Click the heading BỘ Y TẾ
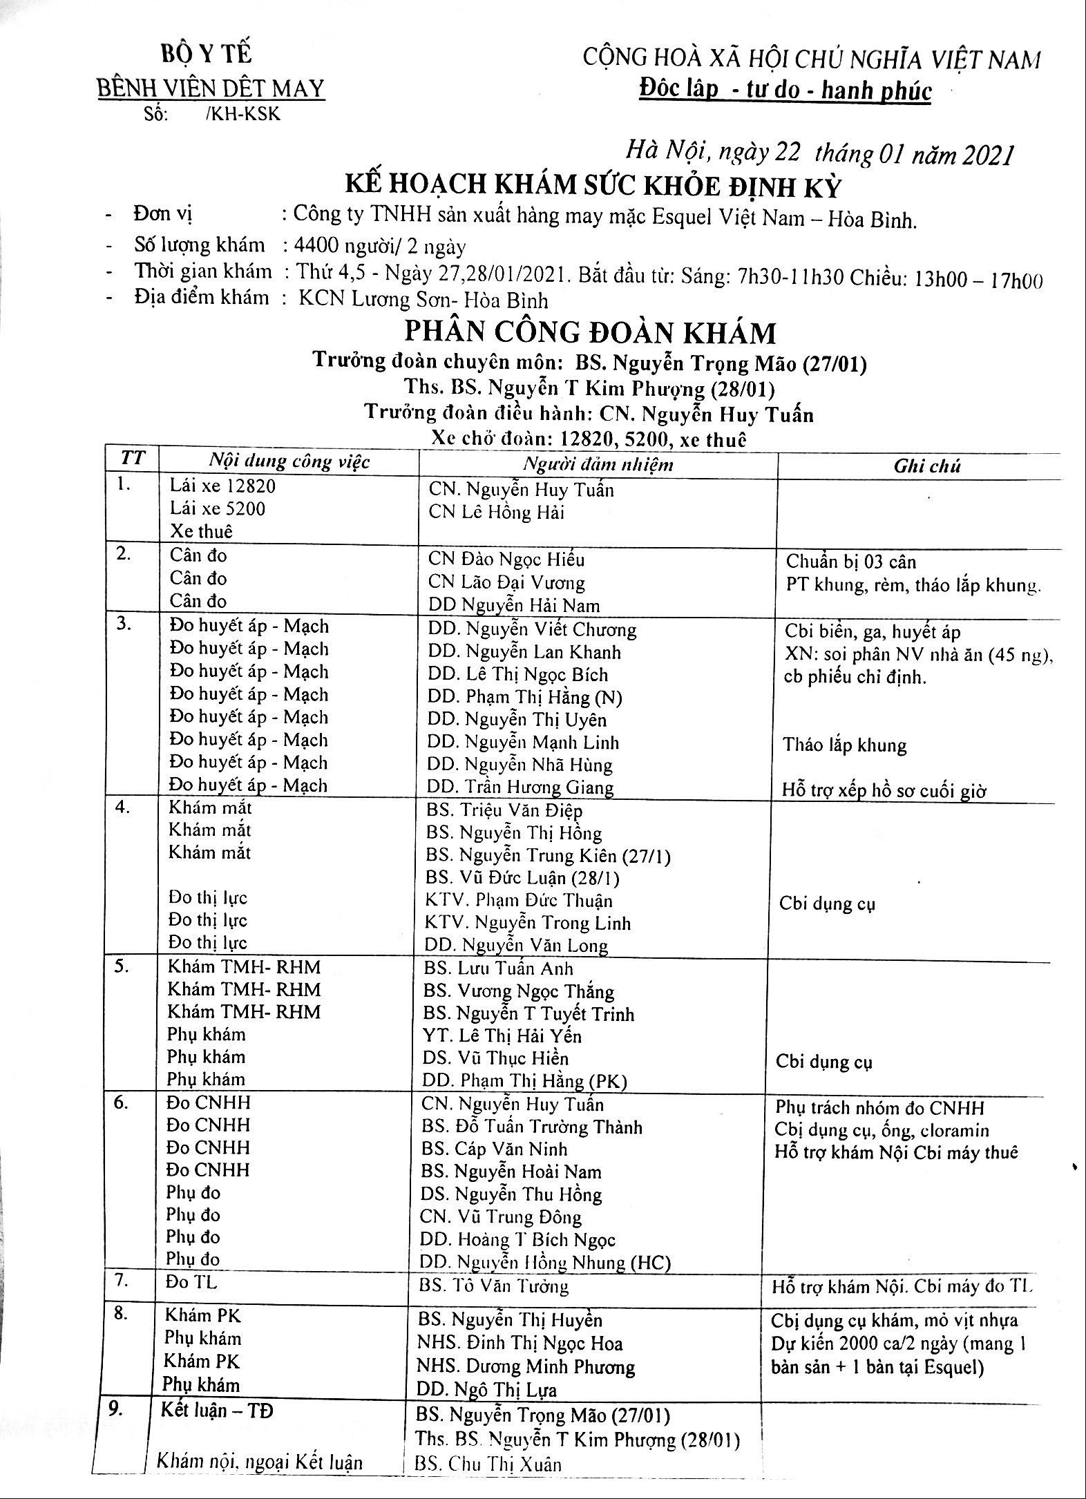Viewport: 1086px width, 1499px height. coord(207,53)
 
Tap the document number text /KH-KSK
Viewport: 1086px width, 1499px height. coord(243,114)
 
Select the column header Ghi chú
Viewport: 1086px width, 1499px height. coord(926,466)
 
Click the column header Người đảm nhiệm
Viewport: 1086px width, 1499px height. coord(598,464)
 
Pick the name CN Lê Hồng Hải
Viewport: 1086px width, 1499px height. coord(496,512)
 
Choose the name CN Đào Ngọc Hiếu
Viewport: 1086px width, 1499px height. coord(506,559)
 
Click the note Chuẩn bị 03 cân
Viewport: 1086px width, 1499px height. coord(851,562)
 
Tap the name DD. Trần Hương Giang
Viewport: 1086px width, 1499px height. coord(520,787)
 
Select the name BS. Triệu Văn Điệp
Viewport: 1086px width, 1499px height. coord(504,810)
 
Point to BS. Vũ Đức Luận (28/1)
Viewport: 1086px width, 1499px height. coord(522,878)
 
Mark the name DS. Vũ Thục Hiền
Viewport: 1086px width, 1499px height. coord(496,1058)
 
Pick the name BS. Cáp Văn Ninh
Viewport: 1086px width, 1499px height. coord(494,1149)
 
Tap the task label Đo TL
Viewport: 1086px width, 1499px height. coord(191,1282)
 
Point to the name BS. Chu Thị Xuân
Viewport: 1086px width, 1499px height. coord(488,1464)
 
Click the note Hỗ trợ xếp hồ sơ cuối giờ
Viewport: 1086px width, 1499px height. coord(884,790)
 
